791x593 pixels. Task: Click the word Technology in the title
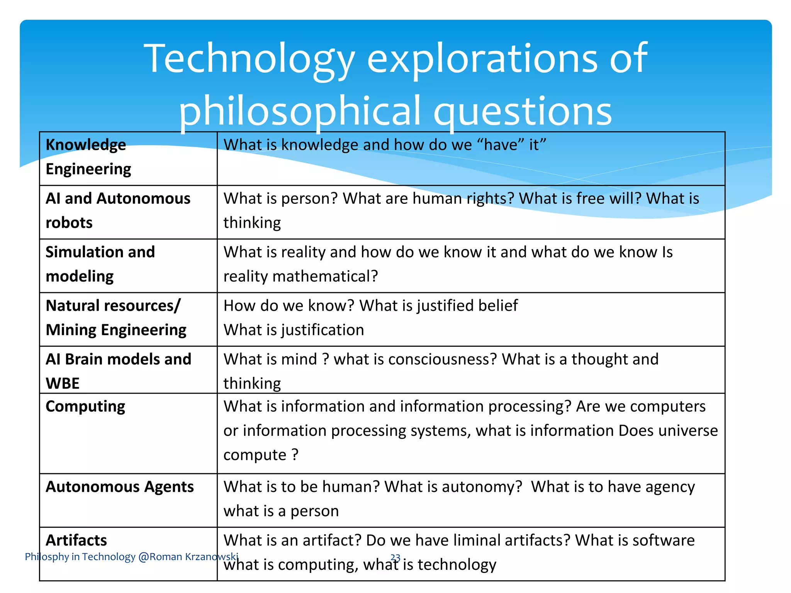tap(249, 59)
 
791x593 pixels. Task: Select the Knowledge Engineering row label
tap(88, 157)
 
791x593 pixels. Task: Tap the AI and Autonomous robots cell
tap(118, 210)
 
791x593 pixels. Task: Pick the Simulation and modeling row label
tap(100, 264)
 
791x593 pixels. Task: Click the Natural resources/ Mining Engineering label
tap(115, 318)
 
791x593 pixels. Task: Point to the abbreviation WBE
tap(63, 383)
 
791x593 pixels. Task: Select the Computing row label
tap(85, 407)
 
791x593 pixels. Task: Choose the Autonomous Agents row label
tap(120, 487)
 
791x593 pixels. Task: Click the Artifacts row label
tap(76, 540)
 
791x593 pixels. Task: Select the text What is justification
tap(294, 330)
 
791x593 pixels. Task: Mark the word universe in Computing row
tap(688, 431)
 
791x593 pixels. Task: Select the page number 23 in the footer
tap(395, 557)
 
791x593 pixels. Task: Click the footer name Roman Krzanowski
tap(194, 557)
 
